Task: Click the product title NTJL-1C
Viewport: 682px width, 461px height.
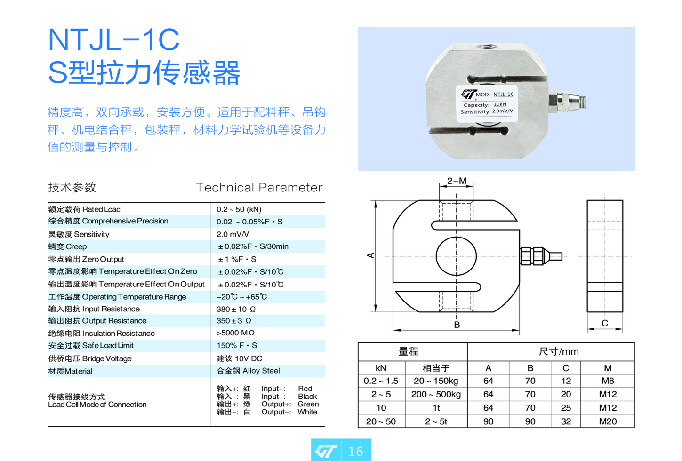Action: (x=114, y=40)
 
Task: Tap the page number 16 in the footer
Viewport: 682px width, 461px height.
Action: (x=355, y=451)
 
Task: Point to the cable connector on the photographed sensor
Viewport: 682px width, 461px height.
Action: (x=567, y=103)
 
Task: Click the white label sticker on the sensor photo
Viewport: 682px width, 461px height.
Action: (x=487, y=103)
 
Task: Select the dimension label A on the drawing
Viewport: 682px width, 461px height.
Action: (x=370, y=255)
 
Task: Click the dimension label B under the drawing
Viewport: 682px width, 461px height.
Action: (x=457, y=325)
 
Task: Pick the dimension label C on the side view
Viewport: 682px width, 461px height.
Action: (x=605, y=323)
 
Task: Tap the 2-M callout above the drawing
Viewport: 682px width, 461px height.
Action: (x=457, y=181)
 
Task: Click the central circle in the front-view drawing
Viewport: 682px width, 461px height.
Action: (x=456, y=237)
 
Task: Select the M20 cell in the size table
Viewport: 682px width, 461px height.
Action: (x=608, y=421)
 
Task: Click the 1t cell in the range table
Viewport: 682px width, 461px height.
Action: (x=436, y=408)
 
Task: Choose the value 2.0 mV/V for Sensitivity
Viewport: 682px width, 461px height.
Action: (x=233, y=234)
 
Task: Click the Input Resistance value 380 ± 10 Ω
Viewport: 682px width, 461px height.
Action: (x=236, y=309)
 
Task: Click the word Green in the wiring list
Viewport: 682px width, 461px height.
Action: (x=308, y=404)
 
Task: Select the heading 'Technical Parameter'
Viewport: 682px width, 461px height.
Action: (x=259, y=187)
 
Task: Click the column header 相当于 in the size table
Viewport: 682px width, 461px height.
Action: (x=436, y=368)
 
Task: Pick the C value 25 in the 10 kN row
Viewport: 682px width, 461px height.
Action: (x=566, y=408)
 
